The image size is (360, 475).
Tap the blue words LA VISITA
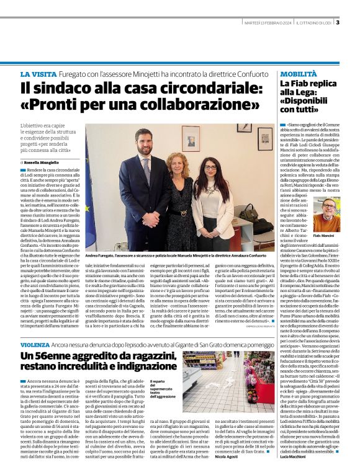[x=40, y=74]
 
